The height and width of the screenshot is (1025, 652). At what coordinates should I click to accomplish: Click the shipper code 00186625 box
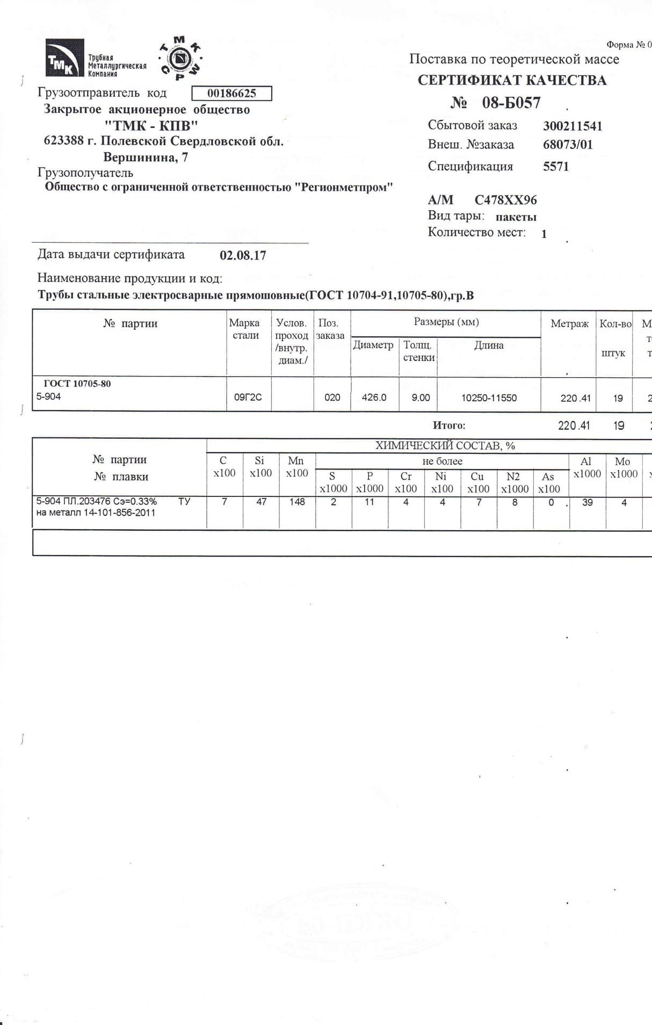pos(231,93)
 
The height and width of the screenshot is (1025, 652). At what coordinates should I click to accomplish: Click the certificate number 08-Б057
pos(511,103)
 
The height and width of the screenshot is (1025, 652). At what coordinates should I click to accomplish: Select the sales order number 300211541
pos(573,126)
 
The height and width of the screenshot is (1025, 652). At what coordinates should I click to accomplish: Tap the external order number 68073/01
pos(568,145)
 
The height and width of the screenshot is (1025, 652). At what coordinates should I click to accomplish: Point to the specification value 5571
pos(555,167)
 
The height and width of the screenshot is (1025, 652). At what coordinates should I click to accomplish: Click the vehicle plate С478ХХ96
pos(505,200)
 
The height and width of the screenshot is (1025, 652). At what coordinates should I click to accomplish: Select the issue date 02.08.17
pos(243,255)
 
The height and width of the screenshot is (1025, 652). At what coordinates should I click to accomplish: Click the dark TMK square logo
pos(64,58)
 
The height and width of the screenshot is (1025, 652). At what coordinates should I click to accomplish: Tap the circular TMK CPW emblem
pos(180,58)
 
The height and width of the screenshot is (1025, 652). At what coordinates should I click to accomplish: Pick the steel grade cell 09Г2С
pos(248,398)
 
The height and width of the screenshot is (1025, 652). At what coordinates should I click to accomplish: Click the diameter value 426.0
pos(374,398)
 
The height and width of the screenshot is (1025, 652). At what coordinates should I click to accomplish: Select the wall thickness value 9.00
pos(421,398)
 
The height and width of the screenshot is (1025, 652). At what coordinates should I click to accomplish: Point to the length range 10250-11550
pos(489,398)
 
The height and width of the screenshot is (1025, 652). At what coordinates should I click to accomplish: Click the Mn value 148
pos(296,502)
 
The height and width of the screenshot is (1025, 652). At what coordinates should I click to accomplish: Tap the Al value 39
pos(587,502)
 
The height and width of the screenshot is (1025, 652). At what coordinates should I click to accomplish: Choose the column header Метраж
pos(569,324)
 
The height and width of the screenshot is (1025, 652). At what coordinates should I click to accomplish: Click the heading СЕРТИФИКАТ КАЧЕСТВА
pos(512,81)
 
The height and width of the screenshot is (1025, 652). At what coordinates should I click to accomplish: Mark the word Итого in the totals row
pos(448,425)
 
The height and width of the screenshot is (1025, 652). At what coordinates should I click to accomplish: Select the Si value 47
pos(261,502)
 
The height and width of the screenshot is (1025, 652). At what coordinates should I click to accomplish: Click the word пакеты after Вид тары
pos(516,217)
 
